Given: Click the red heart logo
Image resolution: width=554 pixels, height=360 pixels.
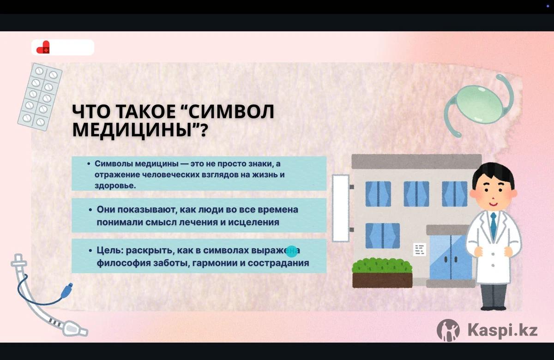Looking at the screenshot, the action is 43,47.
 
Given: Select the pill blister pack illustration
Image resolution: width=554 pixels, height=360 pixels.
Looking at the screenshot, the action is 40,96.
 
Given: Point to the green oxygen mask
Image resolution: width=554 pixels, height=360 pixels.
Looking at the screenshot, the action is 479,104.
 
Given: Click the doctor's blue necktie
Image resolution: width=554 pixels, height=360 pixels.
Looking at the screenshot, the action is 494,225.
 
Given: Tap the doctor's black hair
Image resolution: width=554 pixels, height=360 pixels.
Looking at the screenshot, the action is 493,173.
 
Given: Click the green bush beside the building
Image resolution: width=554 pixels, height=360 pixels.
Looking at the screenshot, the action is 382,265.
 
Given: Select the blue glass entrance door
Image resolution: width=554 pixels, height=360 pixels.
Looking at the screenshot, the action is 451,257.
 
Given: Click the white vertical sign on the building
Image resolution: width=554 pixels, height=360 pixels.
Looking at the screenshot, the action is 341,208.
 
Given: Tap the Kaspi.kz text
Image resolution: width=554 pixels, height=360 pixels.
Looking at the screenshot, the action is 503,330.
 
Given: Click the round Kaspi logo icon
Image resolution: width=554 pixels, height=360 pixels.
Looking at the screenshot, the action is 448,330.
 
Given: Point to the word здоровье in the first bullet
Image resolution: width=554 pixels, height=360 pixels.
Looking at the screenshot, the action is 115,186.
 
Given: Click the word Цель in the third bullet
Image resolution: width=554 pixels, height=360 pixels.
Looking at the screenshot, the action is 110,251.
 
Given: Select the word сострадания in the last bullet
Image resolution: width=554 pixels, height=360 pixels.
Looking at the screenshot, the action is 278,263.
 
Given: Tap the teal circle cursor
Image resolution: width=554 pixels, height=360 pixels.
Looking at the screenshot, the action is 291,252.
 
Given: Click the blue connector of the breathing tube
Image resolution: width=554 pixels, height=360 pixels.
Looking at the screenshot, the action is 67,289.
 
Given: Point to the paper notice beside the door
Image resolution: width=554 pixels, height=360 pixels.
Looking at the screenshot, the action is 420,249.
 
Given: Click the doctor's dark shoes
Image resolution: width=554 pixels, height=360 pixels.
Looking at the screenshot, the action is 493,308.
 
